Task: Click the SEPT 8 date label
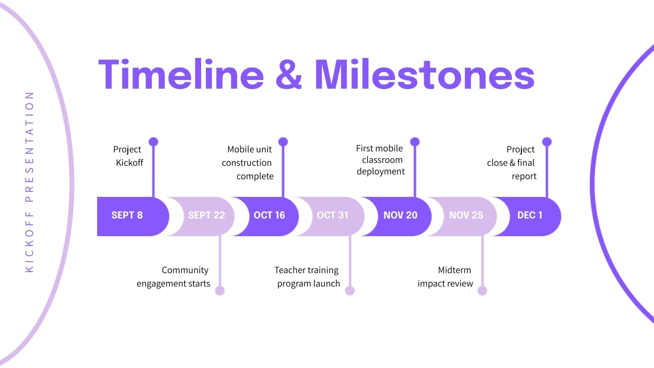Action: coord(127,215)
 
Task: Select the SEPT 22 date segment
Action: coord(206,215)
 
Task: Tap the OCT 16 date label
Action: coord(269,215)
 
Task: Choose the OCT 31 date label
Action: coord(333,215)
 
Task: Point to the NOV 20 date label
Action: coord(400,215)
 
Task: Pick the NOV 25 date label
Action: coord(466,215)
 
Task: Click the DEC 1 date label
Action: coord(530,215)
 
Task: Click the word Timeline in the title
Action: coord(181,75)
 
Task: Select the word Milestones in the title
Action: coord(424,75)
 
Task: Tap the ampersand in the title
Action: coord(289,75)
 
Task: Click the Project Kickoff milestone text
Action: coord(128,156)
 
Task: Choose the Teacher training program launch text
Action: coord(307,277)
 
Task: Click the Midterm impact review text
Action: coord(446,277)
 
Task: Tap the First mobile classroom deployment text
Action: coord(380,160)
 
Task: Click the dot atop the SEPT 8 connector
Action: coord(153,142)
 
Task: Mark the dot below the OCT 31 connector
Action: coord(350,291)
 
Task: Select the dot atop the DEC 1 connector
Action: coord(547,142)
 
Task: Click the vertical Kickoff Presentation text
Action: coord(30,182)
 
